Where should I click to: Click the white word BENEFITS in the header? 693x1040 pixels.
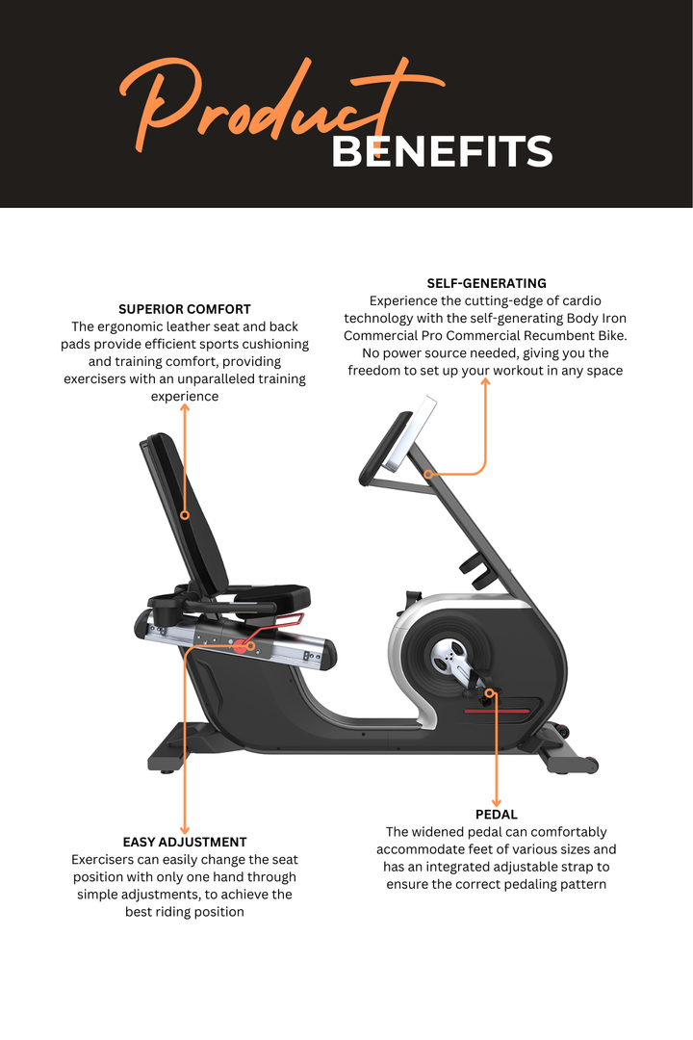tap(442, 151)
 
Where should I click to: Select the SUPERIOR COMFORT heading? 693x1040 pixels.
tap(185, 309)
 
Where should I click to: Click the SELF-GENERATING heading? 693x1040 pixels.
tap(486, 283)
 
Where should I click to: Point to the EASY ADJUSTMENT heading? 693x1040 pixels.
tap(185, 842)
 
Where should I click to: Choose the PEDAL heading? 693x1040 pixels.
tap(497, 815)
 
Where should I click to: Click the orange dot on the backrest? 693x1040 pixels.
tap(185, 515)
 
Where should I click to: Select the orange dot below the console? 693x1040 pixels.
tap(429, 474)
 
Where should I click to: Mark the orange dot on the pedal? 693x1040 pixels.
tap(490, 692)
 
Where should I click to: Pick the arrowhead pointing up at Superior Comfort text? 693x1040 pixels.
tap(185, 408)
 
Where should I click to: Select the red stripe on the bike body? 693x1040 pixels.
tap(499, 711)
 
